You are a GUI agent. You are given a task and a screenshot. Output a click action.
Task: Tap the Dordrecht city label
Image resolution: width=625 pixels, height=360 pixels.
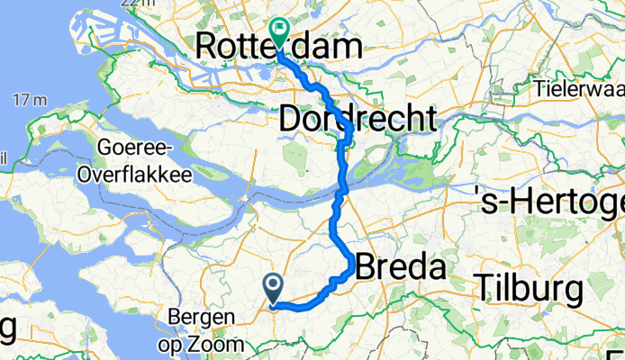[x=358, y=118]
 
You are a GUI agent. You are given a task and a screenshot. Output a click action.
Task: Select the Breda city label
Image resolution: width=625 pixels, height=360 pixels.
[x=402, y=267]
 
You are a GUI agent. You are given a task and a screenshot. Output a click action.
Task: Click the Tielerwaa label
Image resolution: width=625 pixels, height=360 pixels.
[x=580, y=89]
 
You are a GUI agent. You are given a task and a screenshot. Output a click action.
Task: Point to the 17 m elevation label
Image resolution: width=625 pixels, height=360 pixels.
[x=30, y=99]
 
